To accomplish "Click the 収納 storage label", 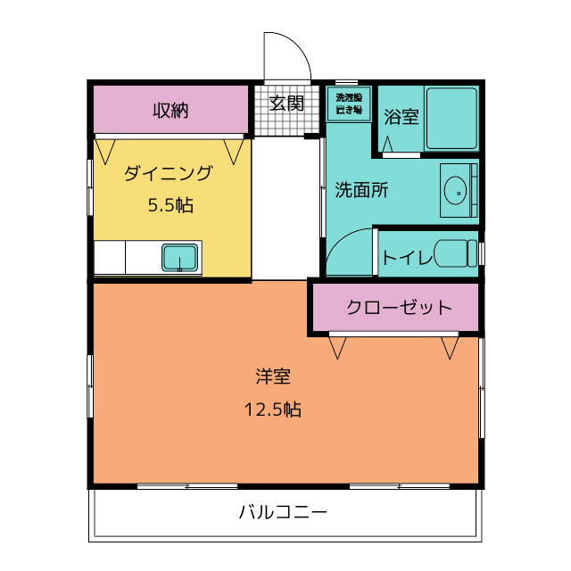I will (170, 111).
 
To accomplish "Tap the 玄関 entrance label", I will (286, 103).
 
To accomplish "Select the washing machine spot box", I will (349, 103).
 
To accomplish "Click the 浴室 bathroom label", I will (401, 117).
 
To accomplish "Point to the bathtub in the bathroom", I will (451, 119).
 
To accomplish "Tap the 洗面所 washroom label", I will (360, 189).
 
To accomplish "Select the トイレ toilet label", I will (408, 258).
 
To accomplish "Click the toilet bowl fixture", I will (457, 253).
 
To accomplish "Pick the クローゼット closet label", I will (399, 308).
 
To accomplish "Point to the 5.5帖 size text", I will (170, 205).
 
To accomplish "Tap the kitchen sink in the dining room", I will (181, 258).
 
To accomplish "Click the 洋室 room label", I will (273, 377).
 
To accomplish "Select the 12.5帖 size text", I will (273, 410).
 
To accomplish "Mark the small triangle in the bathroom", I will (388, 143).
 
